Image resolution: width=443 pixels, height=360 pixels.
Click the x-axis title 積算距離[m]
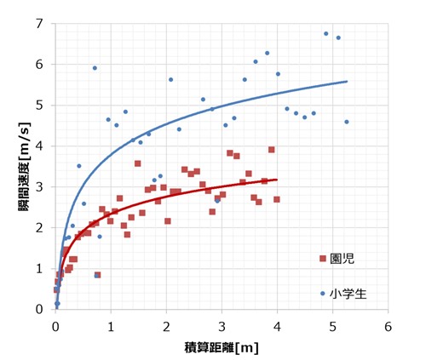[221, 347]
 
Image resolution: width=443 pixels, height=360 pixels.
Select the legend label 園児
[341, 258]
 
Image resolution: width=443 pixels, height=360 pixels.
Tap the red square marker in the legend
[323, 258]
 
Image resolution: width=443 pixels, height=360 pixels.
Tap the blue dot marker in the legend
[323, 293]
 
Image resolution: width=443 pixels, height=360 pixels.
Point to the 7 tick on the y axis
[38, 23]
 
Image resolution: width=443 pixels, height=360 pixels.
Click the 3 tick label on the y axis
[38, 187]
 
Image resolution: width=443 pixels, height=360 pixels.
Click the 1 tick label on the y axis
[38, 269]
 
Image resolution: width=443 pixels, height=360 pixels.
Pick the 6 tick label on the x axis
[388, 325]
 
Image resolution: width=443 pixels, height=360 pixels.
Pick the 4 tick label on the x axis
[277, 325]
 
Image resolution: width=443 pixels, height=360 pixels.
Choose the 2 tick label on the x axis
[166, 325]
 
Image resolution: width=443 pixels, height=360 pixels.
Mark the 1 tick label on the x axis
[111, 325]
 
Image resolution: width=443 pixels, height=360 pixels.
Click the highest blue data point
[325, 34]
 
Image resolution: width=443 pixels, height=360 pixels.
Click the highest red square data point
[272, 150]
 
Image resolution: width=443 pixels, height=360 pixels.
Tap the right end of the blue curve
[347, 82]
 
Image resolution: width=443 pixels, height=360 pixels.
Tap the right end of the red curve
[277, 180]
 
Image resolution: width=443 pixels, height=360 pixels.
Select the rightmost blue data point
[347, 122]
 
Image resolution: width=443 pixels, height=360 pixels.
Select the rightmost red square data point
[277, 199]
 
